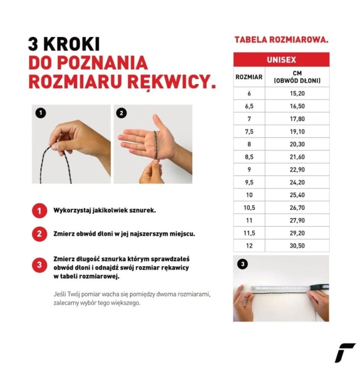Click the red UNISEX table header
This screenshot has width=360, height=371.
pos(281,59)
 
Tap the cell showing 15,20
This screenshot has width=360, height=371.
pos(297,93)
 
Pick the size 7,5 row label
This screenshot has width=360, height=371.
pos(249,132)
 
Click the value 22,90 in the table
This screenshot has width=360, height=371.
pos(297,170)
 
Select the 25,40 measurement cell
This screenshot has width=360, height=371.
pos(297,195)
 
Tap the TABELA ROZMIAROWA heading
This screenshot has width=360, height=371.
pos(281,40)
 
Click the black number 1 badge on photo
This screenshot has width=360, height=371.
pos(41,113)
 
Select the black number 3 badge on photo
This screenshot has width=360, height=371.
pos(242,264)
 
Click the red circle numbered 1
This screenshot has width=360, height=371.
pos(40,210)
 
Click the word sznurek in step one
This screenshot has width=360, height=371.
pos(140,210)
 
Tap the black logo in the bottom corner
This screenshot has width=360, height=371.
pos(345,353)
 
